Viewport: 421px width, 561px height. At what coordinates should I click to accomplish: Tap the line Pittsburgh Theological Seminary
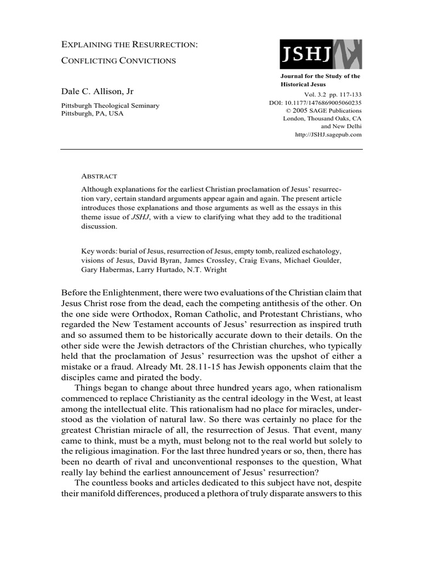point(110,105)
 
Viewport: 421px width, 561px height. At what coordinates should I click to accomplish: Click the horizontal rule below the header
point(210,149)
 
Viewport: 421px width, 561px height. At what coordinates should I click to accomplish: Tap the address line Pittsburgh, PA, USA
point(92,113)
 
